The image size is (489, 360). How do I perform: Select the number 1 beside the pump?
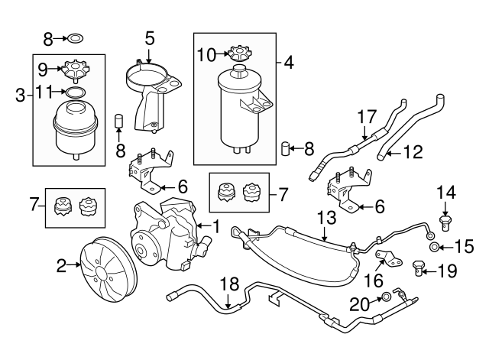click(x=215, y=226)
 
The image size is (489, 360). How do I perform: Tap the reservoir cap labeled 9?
click(x=75, y=70)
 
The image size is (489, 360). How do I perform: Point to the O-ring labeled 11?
click(x=75, y=92)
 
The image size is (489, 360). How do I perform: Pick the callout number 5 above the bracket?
click(x=149, y=36)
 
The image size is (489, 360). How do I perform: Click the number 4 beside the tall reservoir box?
click(x=289, y=60)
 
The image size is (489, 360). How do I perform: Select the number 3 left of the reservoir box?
click(x=20, y=96)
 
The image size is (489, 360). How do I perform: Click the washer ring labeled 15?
click(x=435, y=247)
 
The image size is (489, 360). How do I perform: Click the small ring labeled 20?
click(x=387, y=296)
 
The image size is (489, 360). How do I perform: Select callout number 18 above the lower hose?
click(x=228, y=285)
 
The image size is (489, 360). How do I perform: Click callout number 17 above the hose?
click(x=367, y=117)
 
